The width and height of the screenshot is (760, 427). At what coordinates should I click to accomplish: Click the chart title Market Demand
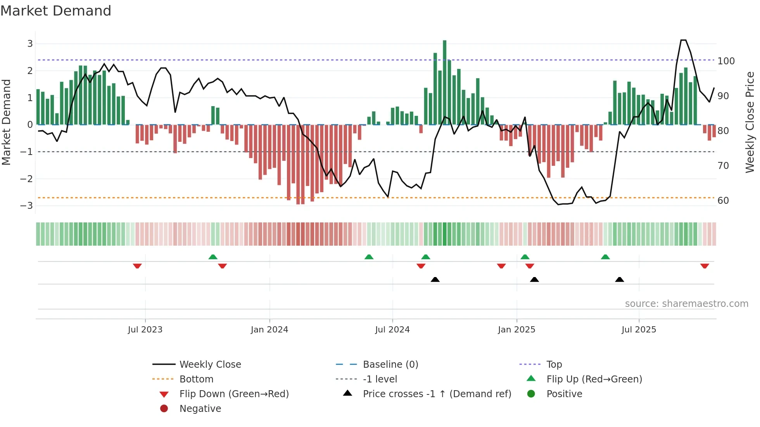pos(56,11)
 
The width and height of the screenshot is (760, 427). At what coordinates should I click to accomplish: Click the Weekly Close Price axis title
pos(750,122)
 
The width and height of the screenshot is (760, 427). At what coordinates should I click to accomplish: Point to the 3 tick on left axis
pos(30,44)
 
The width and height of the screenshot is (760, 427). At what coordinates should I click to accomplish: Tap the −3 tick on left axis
pos(27,205)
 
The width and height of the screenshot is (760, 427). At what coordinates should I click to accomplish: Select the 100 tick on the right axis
pos(726,61)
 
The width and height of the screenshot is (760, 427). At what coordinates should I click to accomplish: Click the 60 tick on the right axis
pos(723,201)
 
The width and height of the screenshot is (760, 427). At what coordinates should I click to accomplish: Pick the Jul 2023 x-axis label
pos(145,330)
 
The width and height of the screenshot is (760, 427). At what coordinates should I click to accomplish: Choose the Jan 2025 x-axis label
pos(516,330)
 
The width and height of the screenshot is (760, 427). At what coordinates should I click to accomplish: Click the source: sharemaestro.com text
pos(686,304)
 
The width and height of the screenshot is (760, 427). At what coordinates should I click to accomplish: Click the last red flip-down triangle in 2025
pos(705,266)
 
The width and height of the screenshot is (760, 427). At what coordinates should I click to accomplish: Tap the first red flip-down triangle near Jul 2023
pos(137,266)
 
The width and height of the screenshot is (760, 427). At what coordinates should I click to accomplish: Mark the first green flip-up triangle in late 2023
pos(213,257)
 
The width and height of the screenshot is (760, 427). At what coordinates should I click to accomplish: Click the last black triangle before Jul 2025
pos(620,279)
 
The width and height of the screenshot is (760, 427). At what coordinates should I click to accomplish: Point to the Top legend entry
pos(554,365)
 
